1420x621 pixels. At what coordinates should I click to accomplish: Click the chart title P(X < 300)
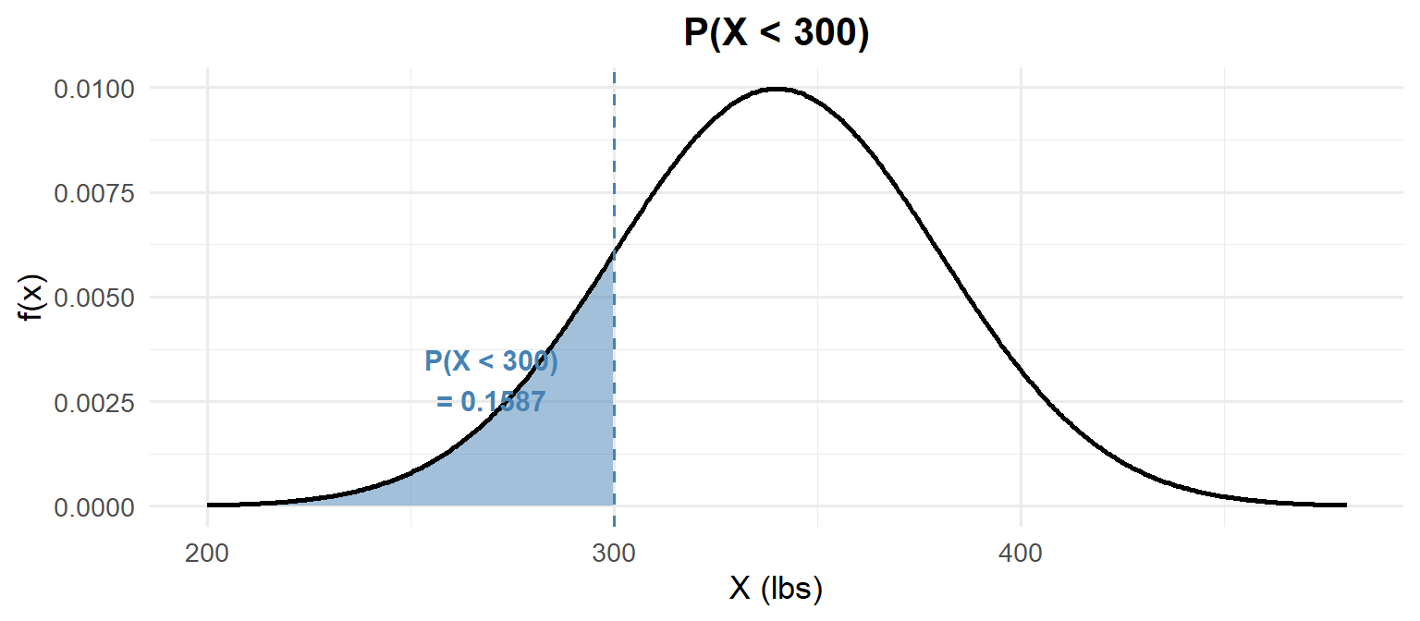tap(777, 34)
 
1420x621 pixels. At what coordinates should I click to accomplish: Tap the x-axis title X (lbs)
tap(776, 589)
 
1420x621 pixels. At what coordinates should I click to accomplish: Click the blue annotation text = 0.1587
tap(491, 402)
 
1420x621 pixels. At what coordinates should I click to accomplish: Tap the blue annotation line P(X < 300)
tap(491, 361)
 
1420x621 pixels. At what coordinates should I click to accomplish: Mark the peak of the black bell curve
tap(777, 89)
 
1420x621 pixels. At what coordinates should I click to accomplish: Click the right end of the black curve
tap(1345, 505)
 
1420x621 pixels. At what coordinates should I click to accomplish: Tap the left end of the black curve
tap(209, 505)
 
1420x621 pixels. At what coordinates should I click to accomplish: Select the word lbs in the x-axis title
tap(792, 589)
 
